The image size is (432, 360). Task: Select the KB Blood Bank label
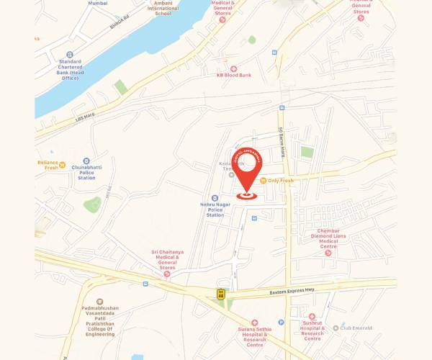(x=235, y=75)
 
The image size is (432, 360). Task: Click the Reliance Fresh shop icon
(x=63, y=163)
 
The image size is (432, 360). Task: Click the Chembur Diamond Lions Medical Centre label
(x=328, y=238)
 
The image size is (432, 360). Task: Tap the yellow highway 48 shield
(x=221, y=293)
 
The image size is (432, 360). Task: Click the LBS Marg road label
(x=85, y=119)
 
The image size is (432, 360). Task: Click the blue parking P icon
(x=281, y=323)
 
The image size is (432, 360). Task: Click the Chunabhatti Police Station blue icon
(x=86, y=161)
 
